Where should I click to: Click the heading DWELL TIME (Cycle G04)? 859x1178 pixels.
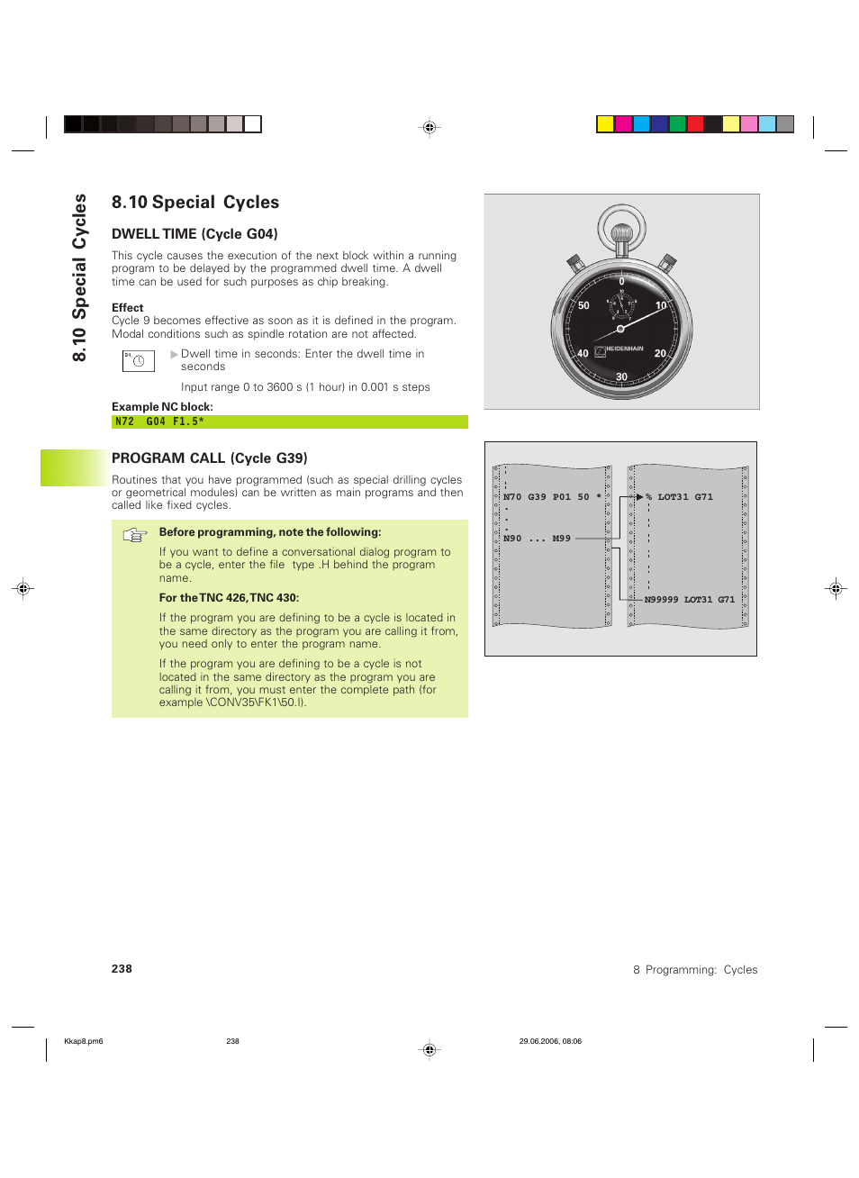(x=194, y=234)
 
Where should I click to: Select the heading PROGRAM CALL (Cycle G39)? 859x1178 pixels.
(x=209, y=458)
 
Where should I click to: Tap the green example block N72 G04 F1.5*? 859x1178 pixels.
(x=289, y=421)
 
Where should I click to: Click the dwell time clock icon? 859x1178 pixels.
(x=139, y=361)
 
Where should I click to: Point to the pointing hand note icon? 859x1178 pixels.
(x=135, y=536)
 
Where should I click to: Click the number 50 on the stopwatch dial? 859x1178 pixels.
(x=583, y=306)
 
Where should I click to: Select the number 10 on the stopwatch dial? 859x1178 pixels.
(x=661, y=306)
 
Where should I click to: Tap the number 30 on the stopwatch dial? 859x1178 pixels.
(x=621, y=376)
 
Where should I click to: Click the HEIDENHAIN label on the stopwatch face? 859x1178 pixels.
(x=624, y=349)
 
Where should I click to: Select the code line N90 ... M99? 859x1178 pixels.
(x=537, y=539)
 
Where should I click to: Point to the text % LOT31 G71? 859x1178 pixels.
(x=680, y=497)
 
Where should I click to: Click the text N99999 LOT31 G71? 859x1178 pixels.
(x=689, y=600)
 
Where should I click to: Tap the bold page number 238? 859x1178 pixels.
(x=122, y=969)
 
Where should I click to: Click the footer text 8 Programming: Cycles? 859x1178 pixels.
(x=695, y=970)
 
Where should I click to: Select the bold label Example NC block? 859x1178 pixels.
(x=162, y=407)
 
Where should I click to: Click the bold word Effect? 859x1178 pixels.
(x=128, y=308)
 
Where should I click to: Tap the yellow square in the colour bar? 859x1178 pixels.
(x=605, y=124)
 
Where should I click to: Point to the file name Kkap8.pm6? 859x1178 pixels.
(x=84, y=1041)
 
